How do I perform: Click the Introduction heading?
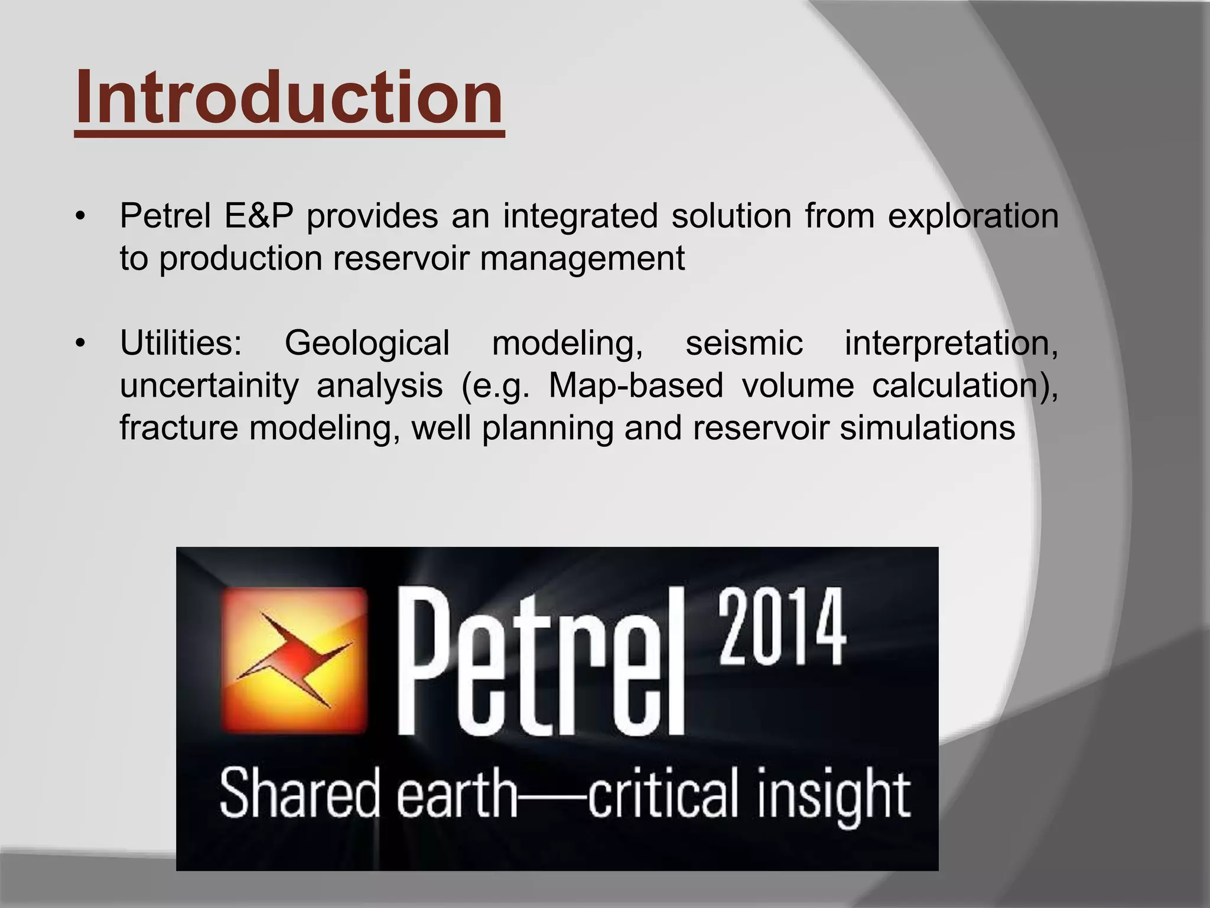(289, 98)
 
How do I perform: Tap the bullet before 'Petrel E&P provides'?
(81, 216)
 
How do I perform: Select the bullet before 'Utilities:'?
(81, 343)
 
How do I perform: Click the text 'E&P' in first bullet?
(258, 216)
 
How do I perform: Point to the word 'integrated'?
(580, 216)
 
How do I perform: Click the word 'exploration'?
(973, 217)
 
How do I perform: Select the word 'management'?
(582, 258)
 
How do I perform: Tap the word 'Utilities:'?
(181, 343)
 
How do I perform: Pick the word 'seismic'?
(744, 343)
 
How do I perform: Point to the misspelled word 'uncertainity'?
(209, 387)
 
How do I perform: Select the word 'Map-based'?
(636, 387)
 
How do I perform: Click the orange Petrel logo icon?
(294, 660)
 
